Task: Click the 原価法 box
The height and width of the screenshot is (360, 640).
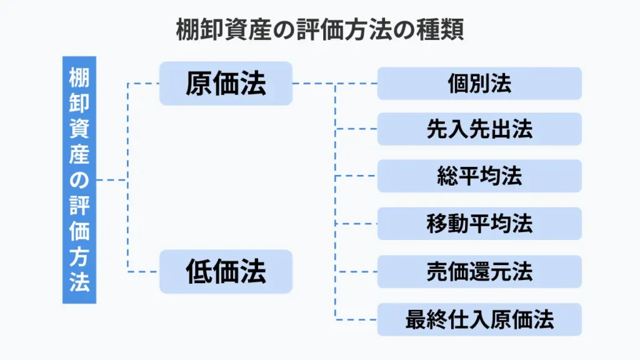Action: click(x=226, y=83)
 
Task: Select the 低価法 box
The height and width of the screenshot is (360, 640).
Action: click(x=226, y=271)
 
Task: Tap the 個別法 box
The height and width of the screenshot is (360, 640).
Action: click(x=479, y=83)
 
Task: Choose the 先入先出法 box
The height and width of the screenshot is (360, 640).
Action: click(x=479, y=129)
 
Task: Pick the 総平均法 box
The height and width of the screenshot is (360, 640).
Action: click(x=479, y=176)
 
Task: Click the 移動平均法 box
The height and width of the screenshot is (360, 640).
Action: click(x=479, y=224)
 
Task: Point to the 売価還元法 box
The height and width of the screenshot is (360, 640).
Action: click(x=479, y=271)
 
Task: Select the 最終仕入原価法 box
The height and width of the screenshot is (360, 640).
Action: click(x=479, y=319)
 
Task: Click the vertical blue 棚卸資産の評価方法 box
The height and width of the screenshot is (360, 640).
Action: click(x=79, y=180)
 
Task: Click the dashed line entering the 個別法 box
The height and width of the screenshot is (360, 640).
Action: click(x=356, y=83)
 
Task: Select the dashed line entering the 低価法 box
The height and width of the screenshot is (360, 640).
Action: click(x=143, y=271)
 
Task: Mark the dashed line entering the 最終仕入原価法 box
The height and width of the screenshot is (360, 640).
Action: click(x=356, y=319)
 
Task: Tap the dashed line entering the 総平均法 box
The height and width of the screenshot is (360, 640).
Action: click(x=356, y=176)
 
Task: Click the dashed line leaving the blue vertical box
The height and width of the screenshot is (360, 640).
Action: click(x=112, y=180)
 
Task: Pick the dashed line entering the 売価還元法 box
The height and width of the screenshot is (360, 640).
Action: click(x=356, y=271)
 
